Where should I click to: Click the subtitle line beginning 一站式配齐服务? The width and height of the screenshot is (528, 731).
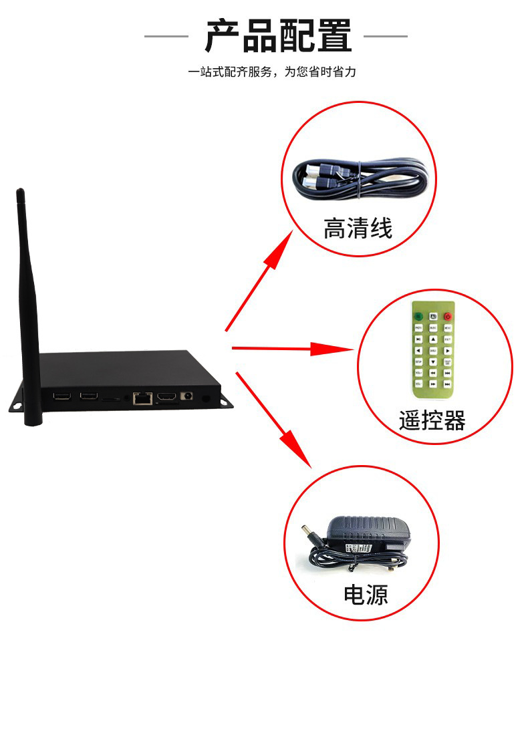(271, 72)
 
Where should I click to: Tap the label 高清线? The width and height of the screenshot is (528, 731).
(358, 229)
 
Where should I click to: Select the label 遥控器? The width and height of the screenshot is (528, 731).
(432, 421)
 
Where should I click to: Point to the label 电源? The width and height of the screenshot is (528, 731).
(365, 594)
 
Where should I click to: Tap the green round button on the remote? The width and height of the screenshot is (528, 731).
(418, 315)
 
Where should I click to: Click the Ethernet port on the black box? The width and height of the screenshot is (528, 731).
(142, 398)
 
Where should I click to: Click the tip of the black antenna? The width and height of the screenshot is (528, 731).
(20, 194)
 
